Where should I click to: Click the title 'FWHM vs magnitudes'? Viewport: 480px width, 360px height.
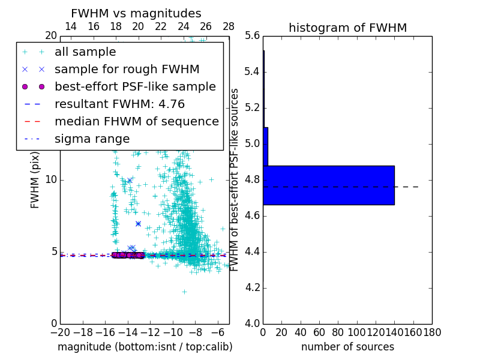[136, 13]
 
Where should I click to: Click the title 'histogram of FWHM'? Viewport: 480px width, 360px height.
[347, 28]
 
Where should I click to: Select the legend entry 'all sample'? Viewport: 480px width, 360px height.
[85, 52]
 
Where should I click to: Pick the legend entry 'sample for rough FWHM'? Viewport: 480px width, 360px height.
[127, 70]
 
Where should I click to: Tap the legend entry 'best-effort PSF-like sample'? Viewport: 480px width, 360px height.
[135, 87]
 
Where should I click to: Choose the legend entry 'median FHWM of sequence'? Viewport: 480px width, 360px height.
[136, 122]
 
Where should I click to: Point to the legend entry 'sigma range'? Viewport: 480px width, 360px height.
[92, 139]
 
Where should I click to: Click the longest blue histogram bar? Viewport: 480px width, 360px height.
[328, 185]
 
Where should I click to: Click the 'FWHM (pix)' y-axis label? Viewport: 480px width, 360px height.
[35, 180]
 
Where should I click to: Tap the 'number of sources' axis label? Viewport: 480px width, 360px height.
[347, 347]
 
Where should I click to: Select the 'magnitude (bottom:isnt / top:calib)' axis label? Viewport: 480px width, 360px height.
[145, 347]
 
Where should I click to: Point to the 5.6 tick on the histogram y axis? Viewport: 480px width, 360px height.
[252, 35]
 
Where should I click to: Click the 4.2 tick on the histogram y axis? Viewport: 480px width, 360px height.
[252, 288]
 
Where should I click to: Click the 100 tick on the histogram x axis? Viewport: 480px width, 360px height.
[357, 332]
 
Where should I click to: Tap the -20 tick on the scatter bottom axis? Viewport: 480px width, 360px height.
[60, 332]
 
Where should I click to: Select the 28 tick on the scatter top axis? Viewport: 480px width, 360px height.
[229, 26]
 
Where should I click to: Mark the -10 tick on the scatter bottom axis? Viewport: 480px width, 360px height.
[173, 332]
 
